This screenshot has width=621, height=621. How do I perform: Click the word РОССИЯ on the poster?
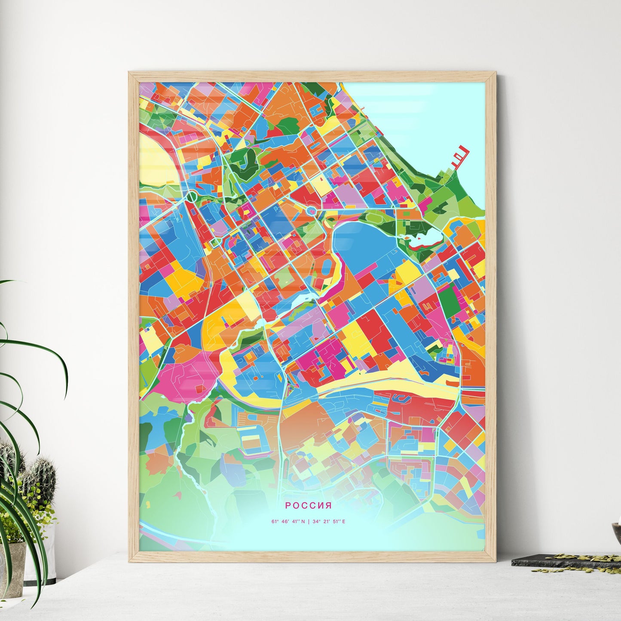(308, 505)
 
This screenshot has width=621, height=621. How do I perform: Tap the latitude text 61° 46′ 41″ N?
(288, 522)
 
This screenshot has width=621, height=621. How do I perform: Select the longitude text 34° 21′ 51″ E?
(329, 522)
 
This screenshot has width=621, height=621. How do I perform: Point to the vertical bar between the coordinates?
(309, 522)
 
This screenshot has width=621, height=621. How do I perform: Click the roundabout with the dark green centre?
(191, 197)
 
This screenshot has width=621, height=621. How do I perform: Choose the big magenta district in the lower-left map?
(185, 378)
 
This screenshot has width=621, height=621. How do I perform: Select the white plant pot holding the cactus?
(47, 554)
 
